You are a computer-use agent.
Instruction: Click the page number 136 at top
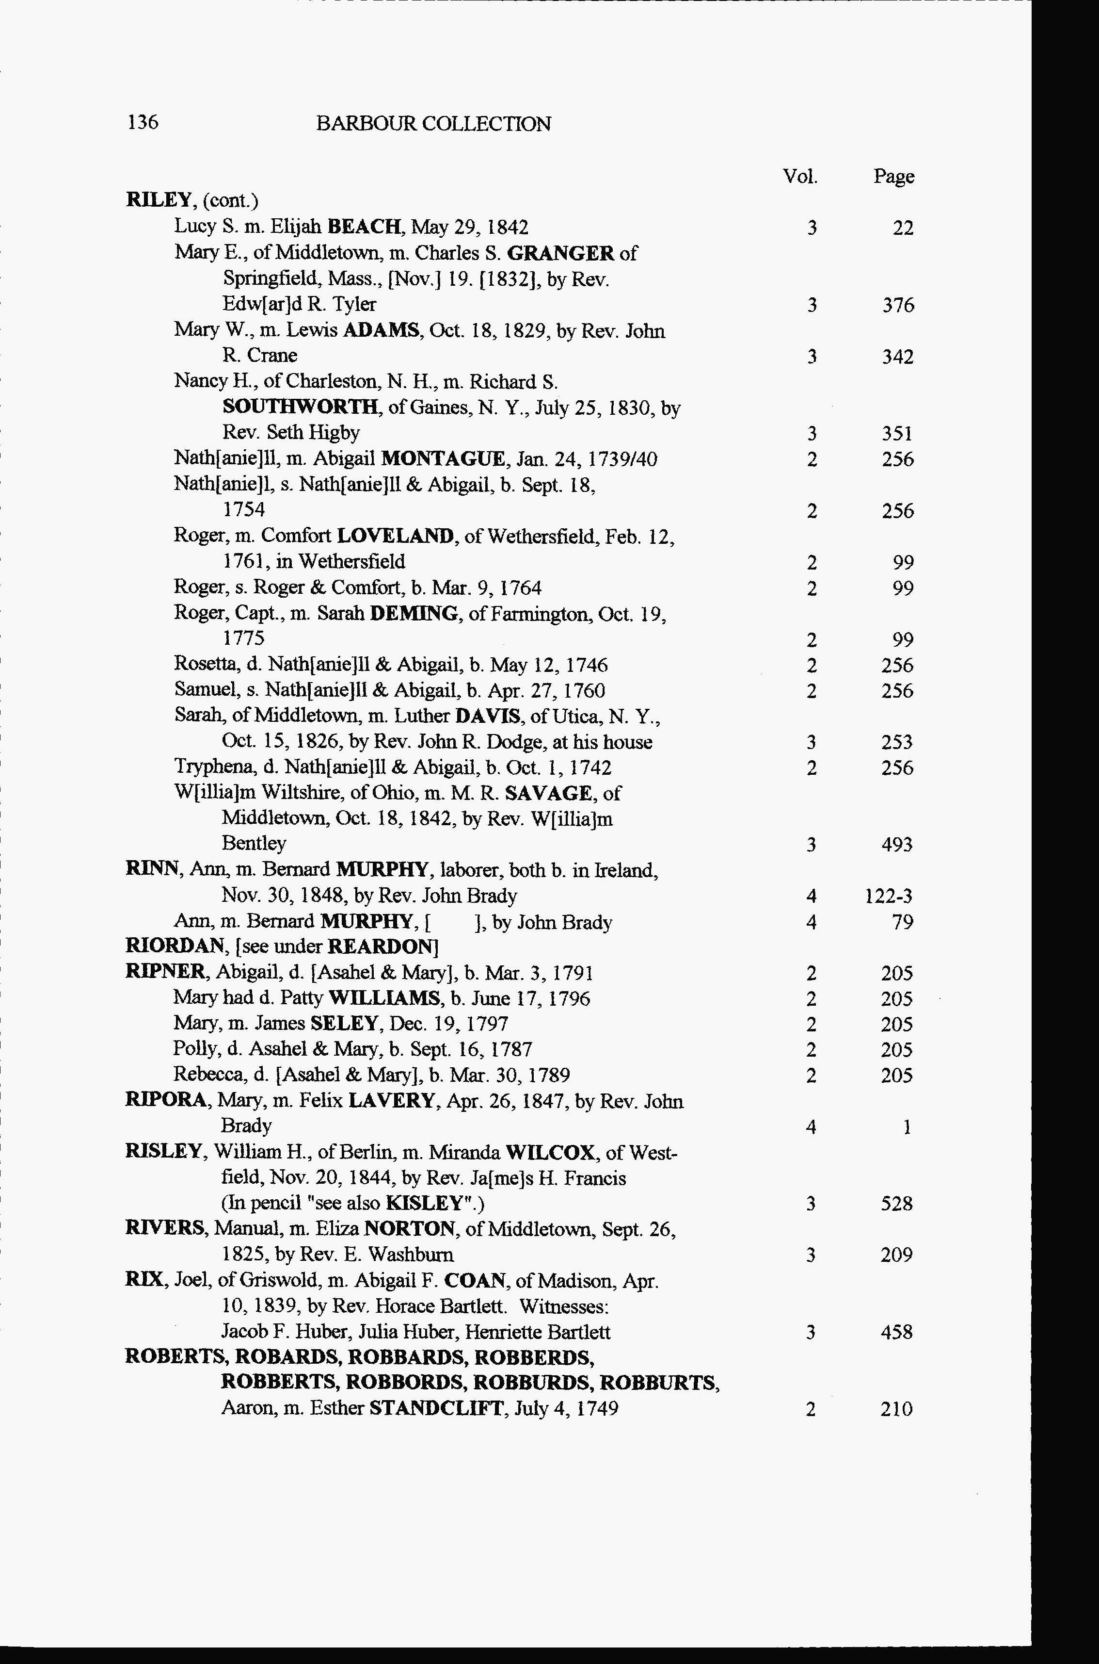click(x=143, y=123)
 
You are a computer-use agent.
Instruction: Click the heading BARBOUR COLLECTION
click(x=433, y=124)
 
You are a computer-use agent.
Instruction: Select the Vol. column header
click(x=800, y=176)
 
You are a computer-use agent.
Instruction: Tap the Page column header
click(x=893, y=177)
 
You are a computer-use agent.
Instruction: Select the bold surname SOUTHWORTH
click(x=302, y=408)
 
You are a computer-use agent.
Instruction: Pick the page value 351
click(x=898, y=433)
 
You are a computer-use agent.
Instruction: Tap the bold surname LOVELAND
click(x=395, y=537)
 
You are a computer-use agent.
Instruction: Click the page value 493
click(x=897, y=844)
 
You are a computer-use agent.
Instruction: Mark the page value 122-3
click(x=890, y=896)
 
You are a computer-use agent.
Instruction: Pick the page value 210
click(x=897, y=1409)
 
